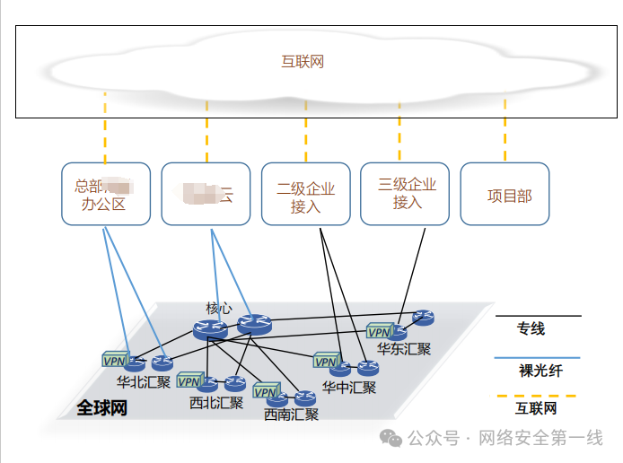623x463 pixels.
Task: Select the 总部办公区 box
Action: click(105, 194)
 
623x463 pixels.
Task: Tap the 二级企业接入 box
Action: click(305, 194)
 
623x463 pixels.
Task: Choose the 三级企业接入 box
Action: click(405, 193)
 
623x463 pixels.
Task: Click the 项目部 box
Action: click(505, 194)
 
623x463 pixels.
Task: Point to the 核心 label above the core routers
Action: click(219, 308)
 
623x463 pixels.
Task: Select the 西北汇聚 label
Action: click(216, 403)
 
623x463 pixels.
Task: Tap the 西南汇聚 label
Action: click(291, 415)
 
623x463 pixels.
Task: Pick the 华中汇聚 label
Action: click(349, 388)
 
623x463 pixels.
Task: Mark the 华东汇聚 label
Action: click(403, 349)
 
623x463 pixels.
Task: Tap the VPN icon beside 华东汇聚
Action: click(380, 331)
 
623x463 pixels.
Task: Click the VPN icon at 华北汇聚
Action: click(115, 361)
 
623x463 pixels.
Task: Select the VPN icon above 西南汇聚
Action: click(266, 392)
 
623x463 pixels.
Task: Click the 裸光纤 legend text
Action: click(540, 370)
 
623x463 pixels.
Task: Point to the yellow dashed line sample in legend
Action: click(537, 395)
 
